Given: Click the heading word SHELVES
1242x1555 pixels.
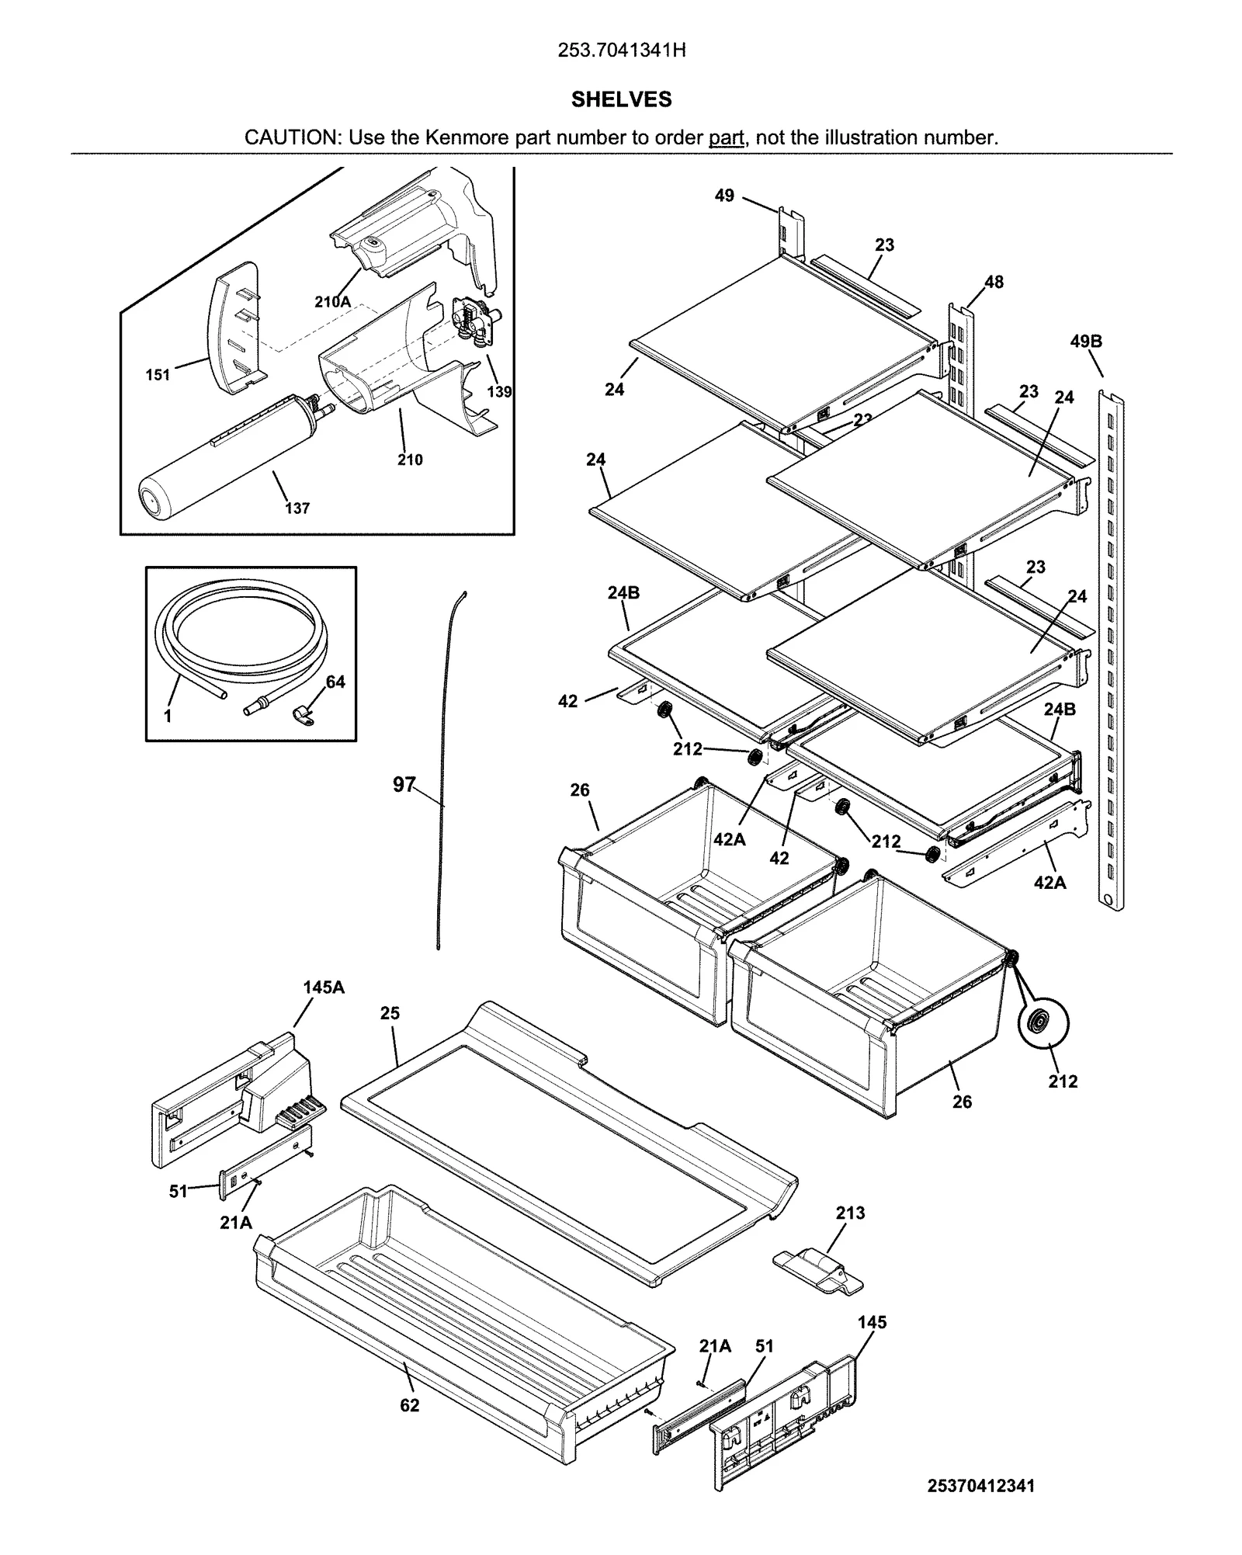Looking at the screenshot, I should pos(621,99).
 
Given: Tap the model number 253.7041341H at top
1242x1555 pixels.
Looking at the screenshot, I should pos(621,50).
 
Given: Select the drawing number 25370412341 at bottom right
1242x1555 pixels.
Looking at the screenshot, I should pos(980,1486).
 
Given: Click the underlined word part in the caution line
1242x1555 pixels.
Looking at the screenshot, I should pos(726,138).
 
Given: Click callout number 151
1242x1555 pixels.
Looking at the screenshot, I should pos(158,375).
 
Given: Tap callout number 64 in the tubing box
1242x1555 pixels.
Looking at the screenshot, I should pos(335,682).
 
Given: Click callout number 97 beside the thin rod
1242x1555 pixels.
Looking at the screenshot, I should pos(404,785).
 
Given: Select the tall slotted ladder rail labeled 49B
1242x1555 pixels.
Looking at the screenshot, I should pos(1111,652).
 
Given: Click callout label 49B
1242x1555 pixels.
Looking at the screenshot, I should pos(1085,342).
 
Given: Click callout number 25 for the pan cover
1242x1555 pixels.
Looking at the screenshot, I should pos(390,1013).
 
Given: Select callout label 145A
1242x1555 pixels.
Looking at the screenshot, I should pos(324,987).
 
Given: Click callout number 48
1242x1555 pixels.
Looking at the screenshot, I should pos(994,282).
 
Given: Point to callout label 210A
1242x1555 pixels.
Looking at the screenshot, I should pos(332,302).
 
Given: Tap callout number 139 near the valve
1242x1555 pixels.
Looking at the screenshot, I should pos(498,391).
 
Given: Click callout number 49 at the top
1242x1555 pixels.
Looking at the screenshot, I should pos(723,196).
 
